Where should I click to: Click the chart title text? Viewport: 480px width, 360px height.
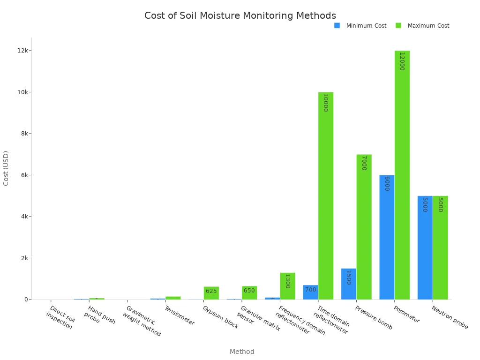pos(240,16)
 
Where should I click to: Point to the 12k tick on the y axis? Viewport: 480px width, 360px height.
pos(23,51)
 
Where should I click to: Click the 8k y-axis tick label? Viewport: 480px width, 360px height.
pos(23,134)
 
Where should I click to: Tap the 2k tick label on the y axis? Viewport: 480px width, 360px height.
pos(23,258)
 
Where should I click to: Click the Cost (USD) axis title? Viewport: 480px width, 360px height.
pos(6,168)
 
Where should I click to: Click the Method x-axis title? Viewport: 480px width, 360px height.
pos(242,352)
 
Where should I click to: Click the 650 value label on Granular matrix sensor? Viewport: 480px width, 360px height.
pos(249,291)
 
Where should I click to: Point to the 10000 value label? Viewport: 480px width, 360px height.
pos(325,102)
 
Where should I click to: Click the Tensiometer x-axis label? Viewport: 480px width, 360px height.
pos(180,315)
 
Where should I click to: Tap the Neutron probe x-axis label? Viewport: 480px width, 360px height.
pos(450,317)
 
